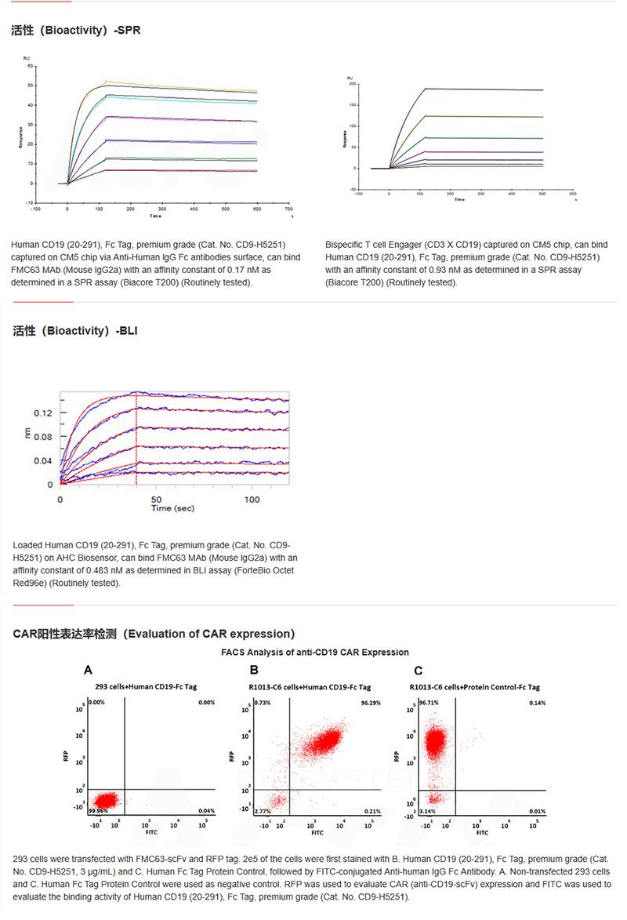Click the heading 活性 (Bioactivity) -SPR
coord(76,31)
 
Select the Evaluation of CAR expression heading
coord(154,633)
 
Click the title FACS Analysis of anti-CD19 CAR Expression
coord(315,652)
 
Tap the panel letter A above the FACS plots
coord(89,670)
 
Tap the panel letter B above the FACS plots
coord(254,670)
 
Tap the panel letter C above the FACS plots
coord(419,670)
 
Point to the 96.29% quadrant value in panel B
coord(369,703)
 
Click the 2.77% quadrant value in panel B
coord(263,810)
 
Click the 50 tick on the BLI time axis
coord(157,499)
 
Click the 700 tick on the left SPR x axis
coord(288,209)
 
